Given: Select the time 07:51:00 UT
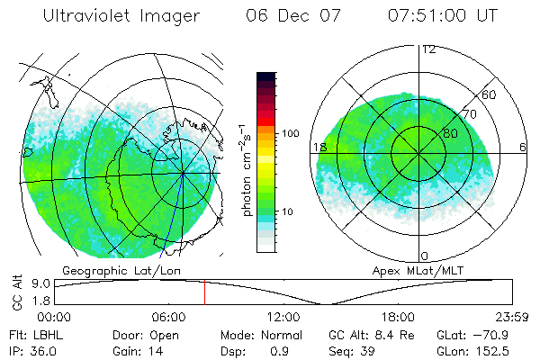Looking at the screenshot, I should tap(442, 16).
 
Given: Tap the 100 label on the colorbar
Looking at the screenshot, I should tap(290, 133).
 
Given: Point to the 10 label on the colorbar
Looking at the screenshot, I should tap(289, 211).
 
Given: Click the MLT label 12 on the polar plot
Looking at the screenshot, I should tap(428, 49).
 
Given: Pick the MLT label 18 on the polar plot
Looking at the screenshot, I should tap(319, 147).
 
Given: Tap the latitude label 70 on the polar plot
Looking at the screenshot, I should tap(467, 115).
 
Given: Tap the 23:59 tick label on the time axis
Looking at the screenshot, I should tap(512, 317).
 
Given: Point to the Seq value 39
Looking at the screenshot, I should tap(368, 350).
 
